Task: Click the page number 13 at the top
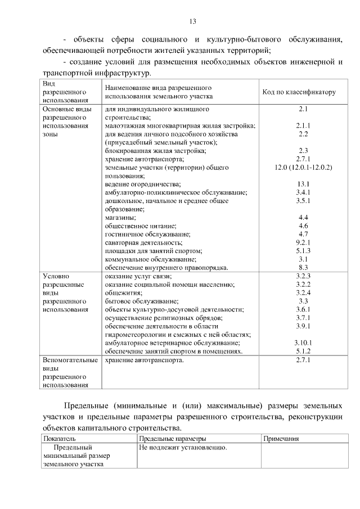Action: click(192, 21)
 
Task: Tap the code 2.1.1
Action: click(303, 125)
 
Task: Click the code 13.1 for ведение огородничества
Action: click(303, 184)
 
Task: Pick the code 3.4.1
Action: click(303, 192)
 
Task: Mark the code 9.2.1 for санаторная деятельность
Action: click(303, 242)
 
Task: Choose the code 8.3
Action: click(303, 267)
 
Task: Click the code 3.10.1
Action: click(303, 342)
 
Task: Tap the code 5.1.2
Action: click(303, 350)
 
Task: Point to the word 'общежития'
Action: click(122, 292)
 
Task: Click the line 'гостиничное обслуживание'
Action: click(148, 233)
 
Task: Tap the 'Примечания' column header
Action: click(281, 438)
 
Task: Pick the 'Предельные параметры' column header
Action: click(172, 438)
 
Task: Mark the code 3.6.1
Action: click(303, 309)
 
